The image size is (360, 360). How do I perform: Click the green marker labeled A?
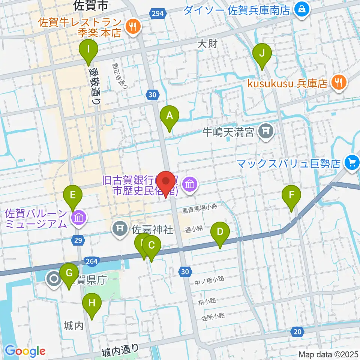[169, 115]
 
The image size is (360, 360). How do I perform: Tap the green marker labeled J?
[262, 53]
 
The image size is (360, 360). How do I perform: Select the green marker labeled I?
[88, 49]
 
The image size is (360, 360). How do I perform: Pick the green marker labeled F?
[292, 195]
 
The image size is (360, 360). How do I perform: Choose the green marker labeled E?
[73, 195]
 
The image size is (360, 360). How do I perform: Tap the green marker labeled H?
[92, 302]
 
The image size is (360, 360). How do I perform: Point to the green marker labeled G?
[69, 273]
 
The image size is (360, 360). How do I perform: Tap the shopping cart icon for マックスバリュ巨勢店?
[352, 162]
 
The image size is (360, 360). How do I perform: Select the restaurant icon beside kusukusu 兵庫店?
[339, 82]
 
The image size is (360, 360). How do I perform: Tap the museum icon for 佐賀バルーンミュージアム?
[79, 217]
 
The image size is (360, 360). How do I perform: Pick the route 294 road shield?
[157, 14]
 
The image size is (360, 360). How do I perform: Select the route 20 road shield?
[297, 331]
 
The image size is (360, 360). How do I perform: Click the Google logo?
[25, 351]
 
